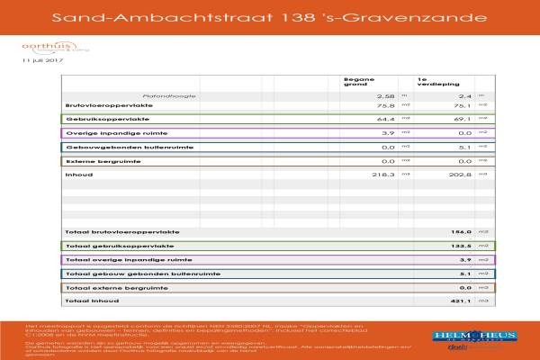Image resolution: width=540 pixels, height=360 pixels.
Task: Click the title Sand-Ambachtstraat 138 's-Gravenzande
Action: pyautogui.click(x=270, y=17)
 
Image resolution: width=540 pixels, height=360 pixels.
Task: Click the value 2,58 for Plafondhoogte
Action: pyautogui.click(x=385, y=94)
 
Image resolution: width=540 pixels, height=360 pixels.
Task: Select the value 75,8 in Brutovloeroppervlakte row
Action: pyautogui.click(x=386, y=105)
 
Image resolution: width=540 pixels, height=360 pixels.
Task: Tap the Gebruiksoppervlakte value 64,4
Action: pyautogui.click(x=386, y=119)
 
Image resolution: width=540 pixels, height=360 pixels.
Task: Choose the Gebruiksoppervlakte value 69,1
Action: pyautogui.click(x=461, y=119)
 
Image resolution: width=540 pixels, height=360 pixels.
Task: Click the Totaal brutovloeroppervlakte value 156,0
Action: pyautogui.click(x=461, y=231)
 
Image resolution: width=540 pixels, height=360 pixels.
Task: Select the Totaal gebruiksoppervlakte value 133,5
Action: pyautogui.click(x=461, y=245)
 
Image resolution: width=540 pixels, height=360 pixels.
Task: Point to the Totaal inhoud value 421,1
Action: pyautogui.click(x=461, y=301)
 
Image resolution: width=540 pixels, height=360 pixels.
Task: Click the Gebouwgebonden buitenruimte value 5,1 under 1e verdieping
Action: pyautogui.click(x=464, y=147)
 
